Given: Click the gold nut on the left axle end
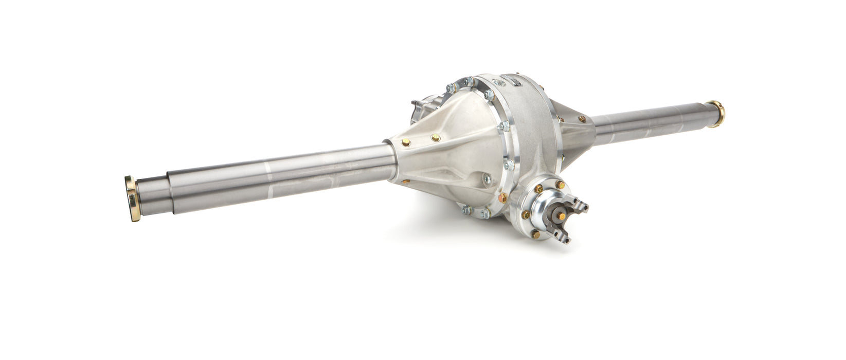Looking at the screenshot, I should coord(132,198).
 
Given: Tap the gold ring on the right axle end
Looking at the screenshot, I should coord(716,114).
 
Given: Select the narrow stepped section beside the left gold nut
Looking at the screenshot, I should coord(153,194).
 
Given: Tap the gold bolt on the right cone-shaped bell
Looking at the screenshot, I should coord(582,119).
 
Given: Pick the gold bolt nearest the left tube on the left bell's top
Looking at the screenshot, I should coord(406,142).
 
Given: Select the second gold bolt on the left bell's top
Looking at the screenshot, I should coord(436,137).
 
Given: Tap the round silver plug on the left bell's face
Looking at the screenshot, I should coord(487,179).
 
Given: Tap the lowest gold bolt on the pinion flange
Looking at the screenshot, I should coord(535,234).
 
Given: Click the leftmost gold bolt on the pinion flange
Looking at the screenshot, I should coord(525,215).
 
